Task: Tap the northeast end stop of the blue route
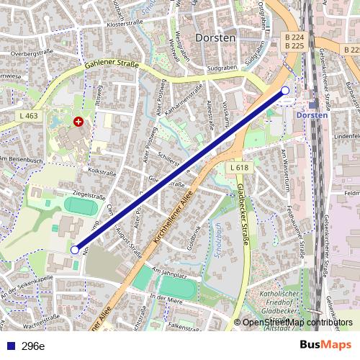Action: (285, 90)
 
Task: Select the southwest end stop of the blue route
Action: (75, 249)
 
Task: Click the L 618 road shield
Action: (240, 168)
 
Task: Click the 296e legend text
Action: (32, 346)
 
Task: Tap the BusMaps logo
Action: (326, 346)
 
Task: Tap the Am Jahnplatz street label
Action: (170, 272)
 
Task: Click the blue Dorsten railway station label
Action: (312, 114)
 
